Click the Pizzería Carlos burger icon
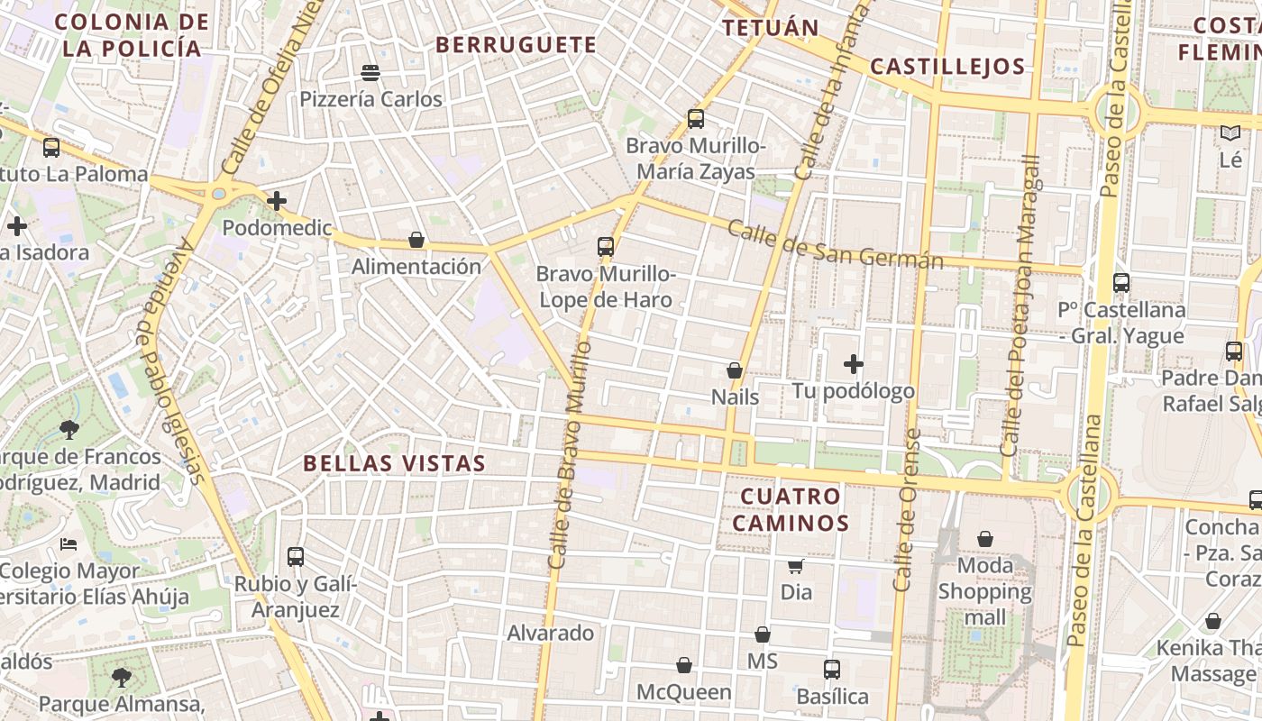click(x=370, y=72)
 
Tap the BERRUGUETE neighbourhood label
click(x=517, y=44)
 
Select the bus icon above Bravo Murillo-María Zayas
click(x=695, y=118)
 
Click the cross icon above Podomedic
click(x=277, y=201)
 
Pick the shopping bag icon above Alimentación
click(x=416, y=240)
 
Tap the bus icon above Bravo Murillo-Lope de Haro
click(x=606, y=246)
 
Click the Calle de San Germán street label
click(x=835, y=245)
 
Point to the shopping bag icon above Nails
click(x=735, y=370)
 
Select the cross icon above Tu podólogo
click(x=853, y=364)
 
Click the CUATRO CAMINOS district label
click(x=791, y=509)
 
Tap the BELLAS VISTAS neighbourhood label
click(x=394, y=463)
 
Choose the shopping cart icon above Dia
click(x=796, y=566)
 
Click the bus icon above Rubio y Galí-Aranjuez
click(x=296, y=557)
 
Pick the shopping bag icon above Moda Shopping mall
click(x=985, y=539)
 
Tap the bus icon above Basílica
click(x=832, y=670)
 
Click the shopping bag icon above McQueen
click(x=684, y=665)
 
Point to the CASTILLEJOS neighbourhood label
click(x=947, y=66)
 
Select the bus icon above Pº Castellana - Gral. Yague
click(x=1121, y=283)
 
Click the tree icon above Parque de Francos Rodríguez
click(x=69, y=430)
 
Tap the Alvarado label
click(x=550, y=633)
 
